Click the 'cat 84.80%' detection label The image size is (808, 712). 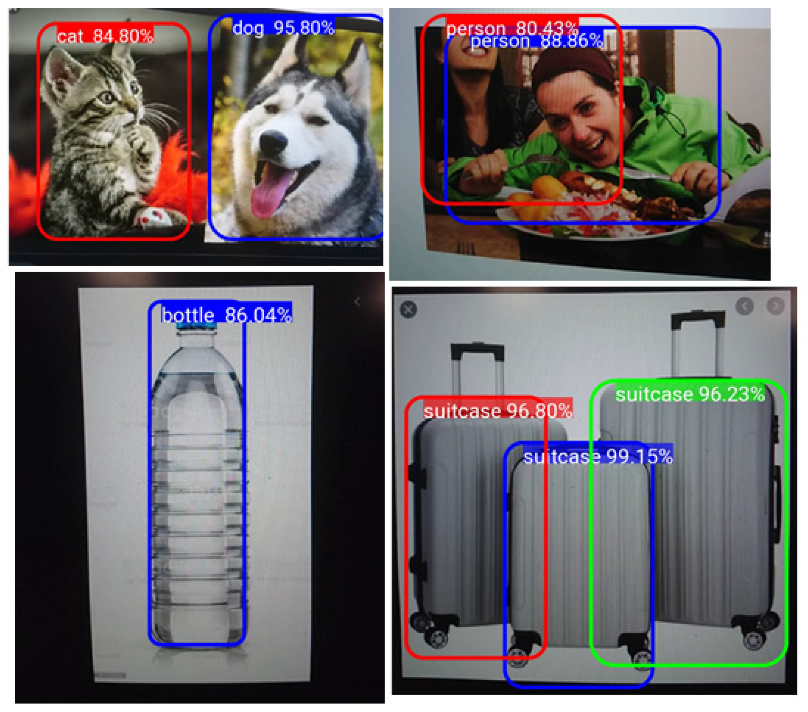(x=105, y=36)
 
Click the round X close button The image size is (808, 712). (x=408, y=309)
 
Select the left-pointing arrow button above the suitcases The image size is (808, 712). (x=745, y=306)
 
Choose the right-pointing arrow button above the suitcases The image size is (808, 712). (x=776, y=306)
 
